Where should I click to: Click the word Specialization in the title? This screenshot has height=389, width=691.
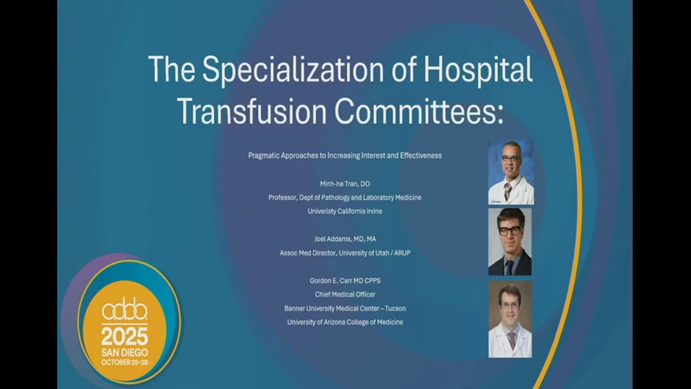coord(293,70)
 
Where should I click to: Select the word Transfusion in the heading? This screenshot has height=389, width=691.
coord(252,111)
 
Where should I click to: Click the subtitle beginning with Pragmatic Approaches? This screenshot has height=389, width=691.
coord(345,156)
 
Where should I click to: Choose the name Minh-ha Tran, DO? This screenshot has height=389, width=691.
coord(345,184)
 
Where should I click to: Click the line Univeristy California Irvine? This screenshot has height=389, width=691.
coord(345,211)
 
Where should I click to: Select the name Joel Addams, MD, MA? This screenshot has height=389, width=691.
coord(345,239)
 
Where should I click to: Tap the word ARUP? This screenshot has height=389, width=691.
coord(402,253)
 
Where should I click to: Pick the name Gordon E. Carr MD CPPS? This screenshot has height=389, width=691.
coord(345,280)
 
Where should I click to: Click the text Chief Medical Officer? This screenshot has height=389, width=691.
coord(345,294)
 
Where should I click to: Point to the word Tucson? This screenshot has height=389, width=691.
coord(396,308)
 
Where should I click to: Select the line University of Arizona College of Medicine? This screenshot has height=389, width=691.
coord(345,323)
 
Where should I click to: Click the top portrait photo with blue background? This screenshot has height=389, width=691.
coord(511,172)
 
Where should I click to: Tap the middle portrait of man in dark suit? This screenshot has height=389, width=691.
coord(510,242)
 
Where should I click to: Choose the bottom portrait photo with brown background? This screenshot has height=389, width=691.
coord(510,319)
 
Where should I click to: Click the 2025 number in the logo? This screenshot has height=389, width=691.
coord(125,337)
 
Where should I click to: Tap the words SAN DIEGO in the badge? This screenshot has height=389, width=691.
coord(125,353)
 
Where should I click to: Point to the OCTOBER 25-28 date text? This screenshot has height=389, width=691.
coord(125,362)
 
